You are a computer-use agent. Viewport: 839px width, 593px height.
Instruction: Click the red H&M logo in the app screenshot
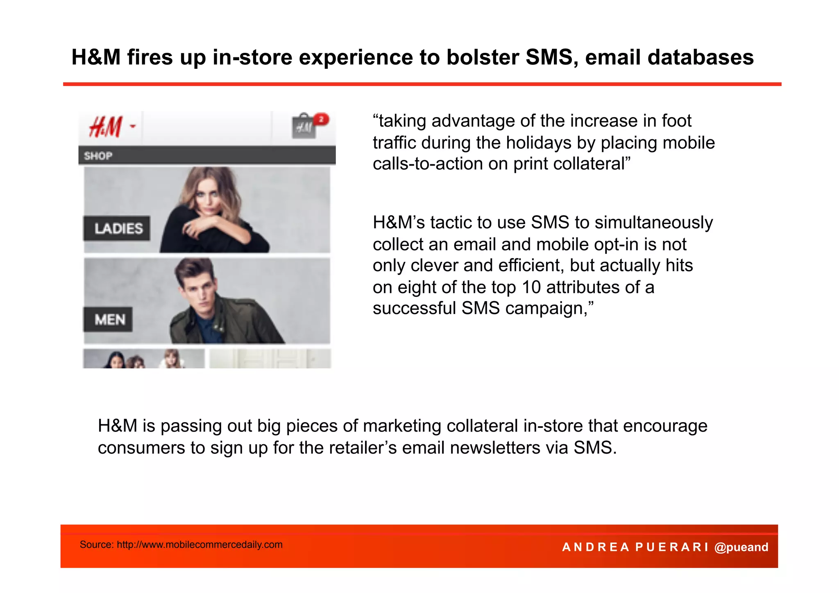(x=106, y=127)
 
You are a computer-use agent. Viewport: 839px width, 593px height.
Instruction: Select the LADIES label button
(x=118, y=228)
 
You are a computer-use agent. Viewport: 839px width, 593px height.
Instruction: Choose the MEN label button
(x=109, y=319)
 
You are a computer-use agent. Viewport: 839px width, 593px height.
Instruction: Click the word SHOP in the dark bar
(x=98, y=156)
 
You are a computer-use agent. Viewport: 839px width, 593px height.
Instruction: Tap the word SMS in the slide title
(x=549, y=57)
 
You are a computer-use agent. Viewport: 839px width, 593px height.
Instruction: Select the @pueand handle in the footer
(x=741, y=547)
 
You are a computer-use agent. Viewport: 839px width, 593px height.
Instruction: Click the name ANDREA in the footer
(x=596, y=547)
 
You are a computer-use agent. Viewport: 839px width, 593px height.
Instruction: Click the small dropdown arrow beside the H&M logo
(x=133, y=126)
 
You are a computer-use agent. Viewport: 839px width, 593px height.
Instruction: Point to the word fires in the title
(x=150, y=57)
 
